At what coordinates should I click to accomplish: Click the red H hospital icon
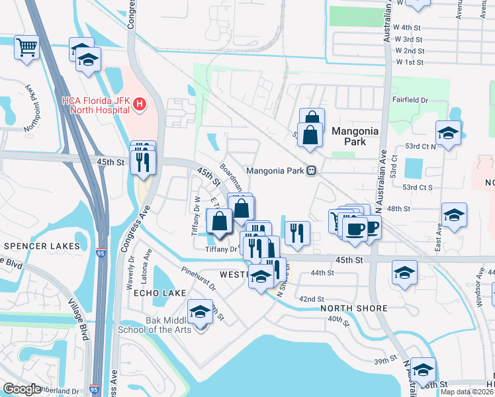140,104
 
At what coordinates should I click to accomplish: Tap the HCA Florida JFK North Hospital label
95,105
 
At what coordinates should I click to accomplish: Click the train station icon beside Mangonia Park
310,171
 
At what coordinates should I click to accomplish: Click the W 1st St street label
410,62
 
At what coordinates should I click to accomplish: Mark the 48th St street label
399,208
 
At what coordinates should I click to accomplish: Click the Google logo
22,389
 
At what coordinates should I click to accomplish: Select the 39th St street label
383,361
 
